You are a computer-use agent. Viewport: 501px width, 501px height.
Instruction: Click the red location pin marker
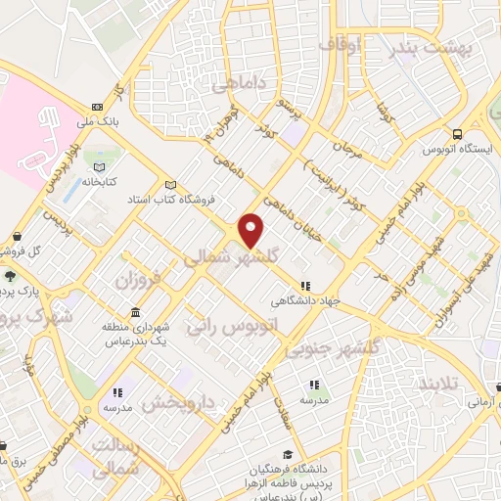click(252, 230)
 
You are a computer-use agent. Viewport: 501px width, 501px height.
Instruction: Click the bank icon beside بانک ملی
click(97, 107)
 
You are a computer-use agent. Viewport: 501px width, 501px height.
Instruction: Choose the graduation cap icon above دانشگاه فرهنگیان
click(288, 454)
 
